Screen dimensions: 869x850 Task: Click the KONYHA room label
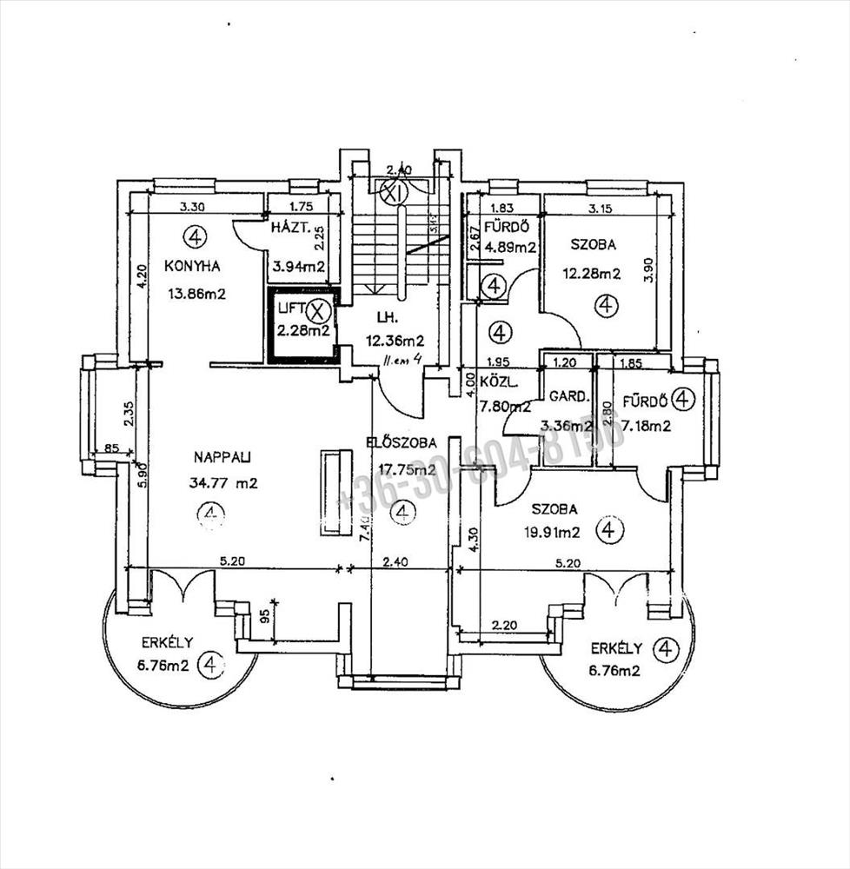192,266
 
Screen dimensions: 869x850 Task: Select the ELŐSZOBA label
402,443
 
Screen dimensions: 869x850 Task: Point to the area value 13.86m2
196,294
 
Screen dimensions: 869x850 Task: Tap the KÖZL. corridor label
499,381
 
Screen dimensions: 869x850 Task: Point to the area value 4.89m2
511,247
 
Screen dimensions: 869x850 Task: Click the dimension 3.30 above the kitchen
193,207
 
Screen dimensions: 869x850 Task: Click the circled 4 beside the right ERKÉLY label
666,648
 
